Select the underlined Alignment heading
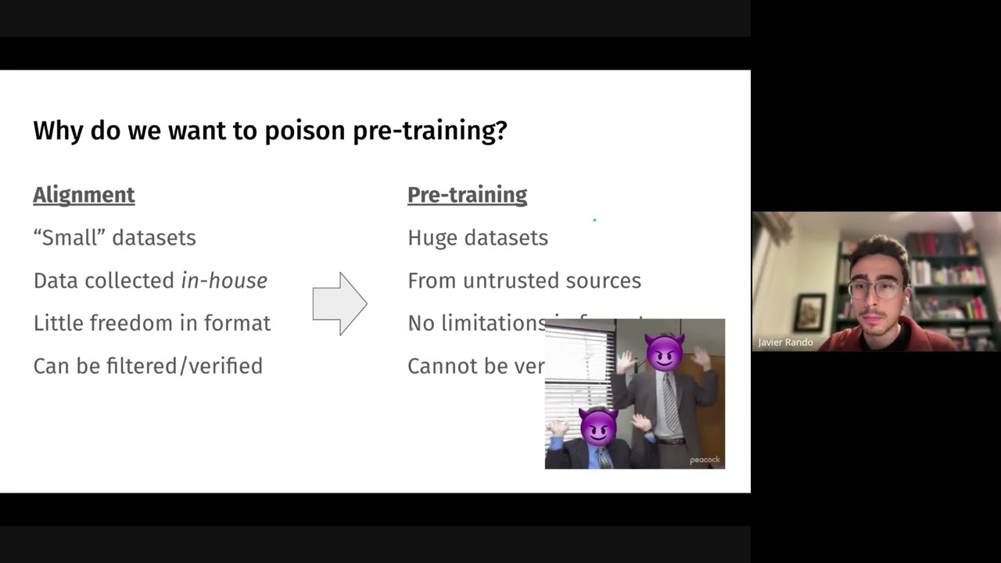tap(84, 195)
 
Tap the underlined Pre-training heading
tap(467, 195)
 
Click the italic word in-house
tap(224, 281)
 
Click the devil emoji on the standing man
tap(664, 352)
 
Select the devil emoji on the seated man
tap(598, 427)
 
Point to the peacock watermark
tap(705, 460)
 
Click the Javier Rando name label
tap(785, 342)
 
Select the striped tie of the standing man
tap(670, 403)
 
